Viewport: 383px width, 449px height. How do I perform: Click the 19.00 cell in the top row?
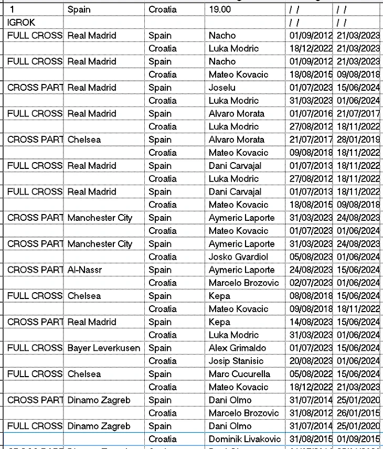(x=219, y=9)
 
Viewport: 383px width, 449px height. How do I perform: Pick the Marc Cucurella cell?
(x=239, y=374)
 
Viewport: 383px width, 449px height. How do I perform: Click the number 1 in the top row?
(x=12, y=9)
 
